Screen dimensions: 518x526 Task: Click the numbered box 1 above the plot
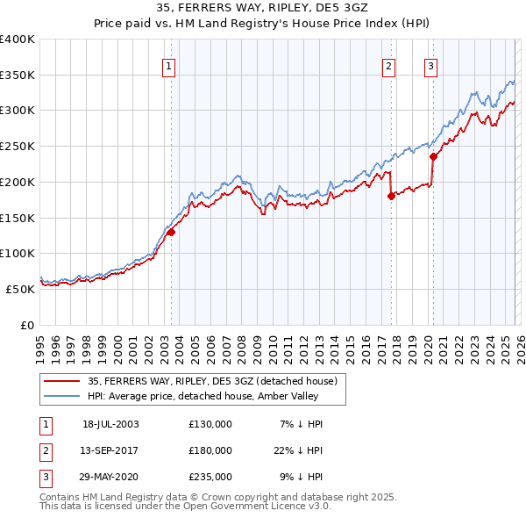pyautogui.click(x=168, y=64)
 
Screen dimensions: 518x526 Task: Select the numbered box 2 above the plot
pyautogui.click(x=388, y=64)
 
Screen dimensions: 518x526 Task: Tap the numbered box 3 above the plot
pyautogui.click(x=430, y=64)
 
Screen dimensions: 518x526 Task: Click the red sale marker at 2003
pyautogui.click(x=172, y=232)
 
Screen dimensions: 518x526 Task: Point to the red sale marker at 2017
pyautogui.click(x=391, y=197)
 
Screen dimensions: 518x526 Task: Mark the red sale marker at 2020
pyautogui.click(x=433, y=157)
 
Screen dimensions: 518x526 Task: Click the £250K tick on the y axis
pyautogui.click(x=18, y=147)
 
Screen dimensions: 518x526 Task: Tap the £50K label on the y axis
pyautogui.click(x=22, y=289)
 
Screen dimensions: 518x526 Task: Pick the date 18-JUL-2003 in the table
pyautogui.click(x=110, y=424)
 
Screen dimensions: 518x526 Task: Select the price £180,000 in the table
pyautogui.click(x=210, y=450)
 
